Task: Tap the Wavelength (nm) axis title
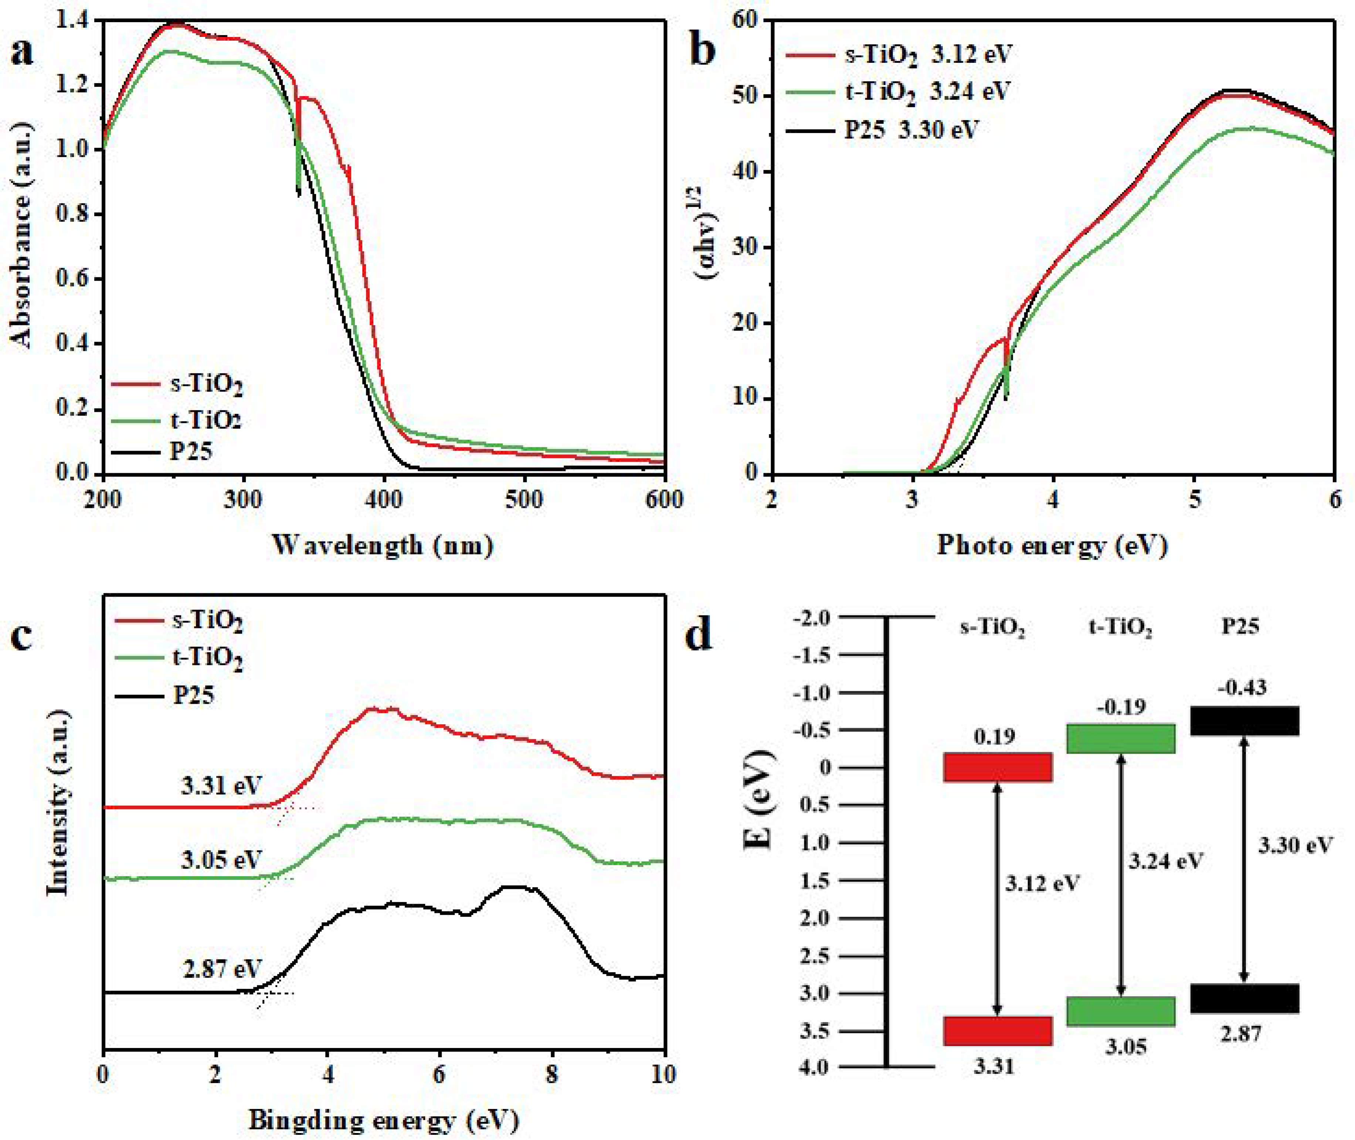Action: tap(383, 546)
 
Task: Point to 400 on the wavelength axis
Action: tap(384, 499)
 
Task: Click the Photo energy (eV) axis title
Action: tap(1052, 546)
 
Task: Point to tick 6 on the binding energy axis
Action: tap(439, 1074)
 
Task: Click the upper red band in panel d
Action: tap(998, 767)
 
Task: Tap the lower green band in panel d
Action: tap(1121, 1011)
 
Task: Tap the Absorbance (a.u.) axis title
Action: tap(22, 270)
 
